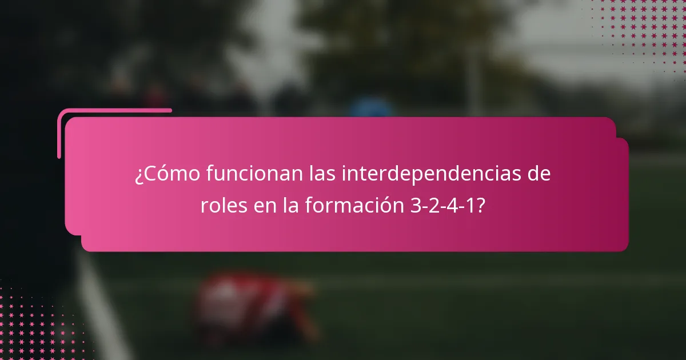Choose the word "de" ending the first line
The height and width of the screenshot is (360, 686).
coord(539,174)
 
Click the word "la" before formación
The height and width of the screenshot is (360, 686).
coord(290,206)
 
